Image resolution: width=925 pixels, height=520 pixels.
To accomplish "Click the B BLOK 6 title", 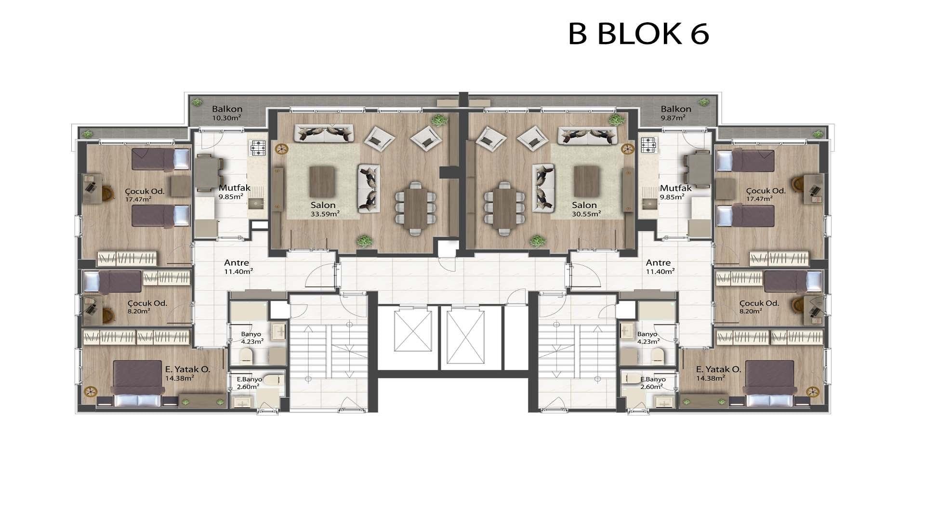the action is pos(638,34).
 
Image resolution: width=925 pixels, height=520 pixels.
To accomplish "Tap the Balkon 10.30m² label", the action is pos(227,113).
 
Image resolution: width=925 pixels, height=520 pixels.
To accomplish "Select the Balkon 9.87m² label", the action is pos(676,113).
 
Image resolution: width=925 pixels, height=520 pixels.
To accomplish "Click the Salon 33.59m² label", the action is pos(323,209).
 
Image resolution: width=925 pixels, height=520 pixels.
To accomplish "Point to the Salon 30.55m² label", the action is pos(584,209).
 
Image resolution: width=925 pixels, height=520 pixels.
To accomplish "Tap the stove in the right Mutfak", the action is pos(649,145).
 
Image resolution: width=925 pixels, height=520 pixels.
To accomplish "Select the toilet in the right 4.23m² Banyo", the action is pos(658,356).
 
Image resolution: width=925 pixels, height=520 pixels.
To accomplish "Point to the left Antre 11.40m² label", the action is pos(238,266).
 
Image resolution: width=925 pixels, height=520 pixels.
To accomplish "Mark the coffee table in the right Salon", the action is pos(586,181).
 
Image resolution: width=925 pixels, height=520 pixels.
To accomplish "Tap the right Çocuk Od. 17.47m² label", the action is pos(765,194).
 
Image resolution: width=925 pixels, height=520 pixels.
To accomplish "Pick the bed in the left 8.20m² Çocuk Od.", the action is pos(113,282).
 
